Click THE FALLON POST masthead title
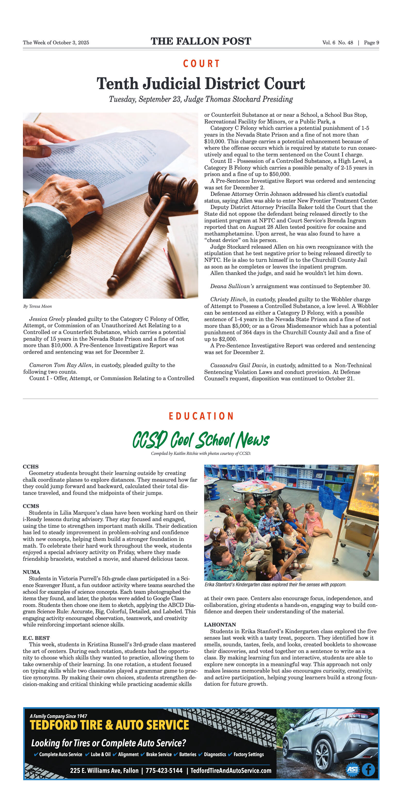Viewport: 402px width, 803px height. tap(201, 41)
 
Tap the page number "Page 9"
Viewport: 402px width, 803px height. tap(371, 43)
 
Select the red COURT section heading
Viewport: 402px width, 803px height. tap(201, 64)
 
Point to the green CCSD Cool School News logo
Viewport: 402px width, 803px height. tap(201, 440)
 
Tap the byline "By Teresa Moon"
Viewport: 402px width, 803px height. tap(37, 306)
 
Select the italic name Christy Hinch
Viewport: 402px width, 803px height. tap(228, 299)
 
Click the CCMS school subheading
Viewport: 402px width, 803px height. tap(31, 506)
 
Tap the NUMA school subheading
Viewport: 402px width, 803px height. tap(31, 572)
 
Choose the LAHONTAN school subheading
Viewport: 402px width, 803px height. tap(220, 624)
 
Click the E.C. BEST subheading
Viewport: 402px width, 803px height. tap(36, 638)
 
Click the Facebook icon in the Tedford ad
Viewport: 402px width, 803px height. tap(368, 770)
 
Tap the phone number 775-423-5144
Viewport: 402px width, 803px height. tap(164, 771)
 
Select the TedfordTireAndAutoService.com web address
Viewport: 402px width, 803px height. tap(231, 771)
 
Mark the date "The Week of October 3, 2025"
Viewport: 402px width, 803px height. tap(56, 43)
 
